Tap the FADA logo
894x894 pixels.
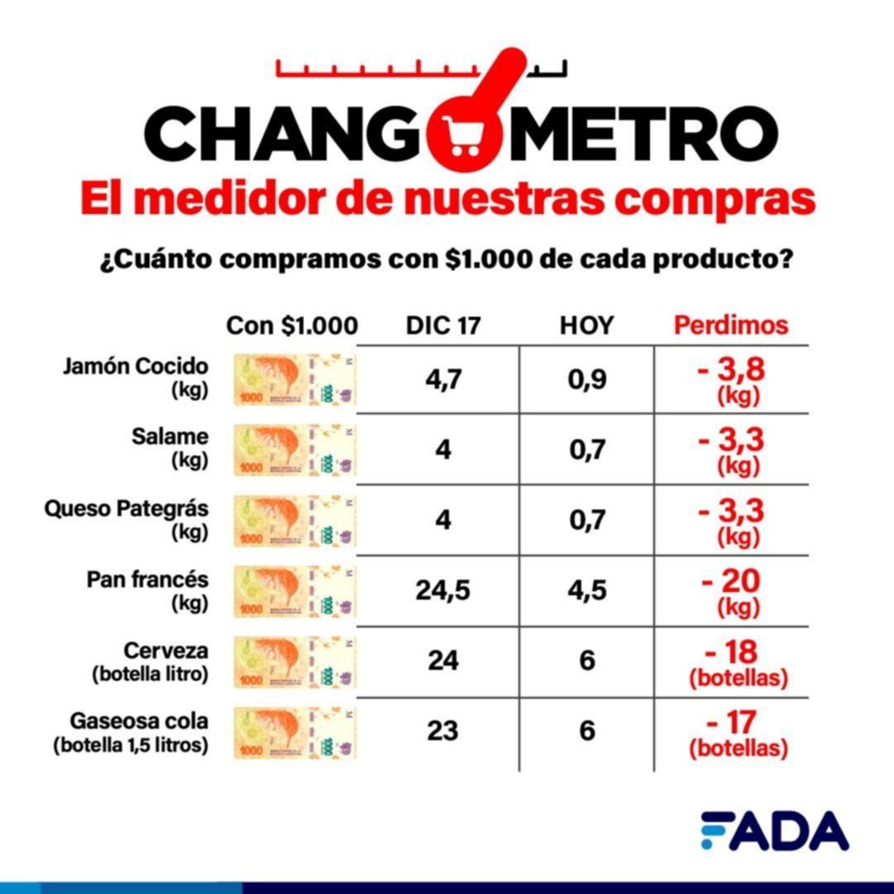(x=774, y=830)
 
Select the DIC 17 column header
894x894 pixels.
(x=443, y=326)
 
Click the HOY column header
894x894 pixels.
(x=586, y=326)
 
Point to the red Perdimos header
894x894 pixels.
(x=731, y=325)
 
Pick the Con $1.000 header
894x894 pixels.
(x=292, y=326)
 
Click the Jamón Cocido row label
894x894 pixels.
(x=136, y=378)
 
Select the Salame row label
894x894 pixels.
(x=170, y=447)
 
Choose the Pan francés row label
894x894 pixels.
(x=147, y=590)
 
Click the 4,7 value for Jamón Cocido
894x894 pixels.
(x=443, y=380)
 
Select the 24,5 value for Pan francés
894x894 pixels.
(x=443, y=591)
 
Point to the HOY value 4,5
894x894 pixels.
(x=587, y=591)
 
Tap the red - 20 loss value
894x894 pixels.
(x=731, y=581)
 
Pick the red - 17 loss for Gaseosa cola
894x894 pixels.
(x=731, y=724)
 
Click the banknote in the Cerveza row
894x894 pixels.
(x=295, y=662)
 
